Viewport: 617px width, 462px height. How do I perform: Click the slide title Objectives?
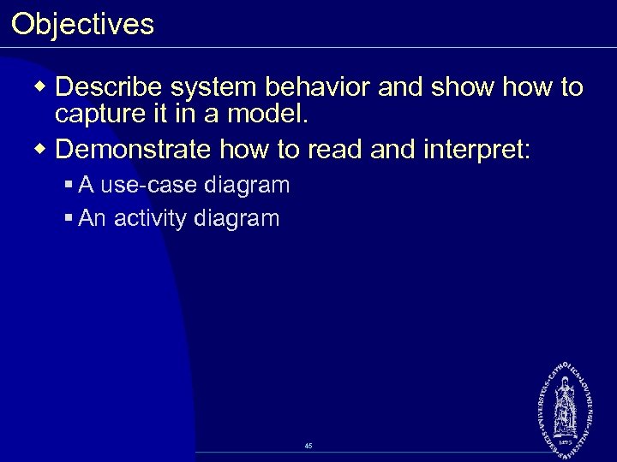(83, 24)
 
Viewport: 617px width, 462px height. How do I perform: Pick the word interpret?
(476, 151)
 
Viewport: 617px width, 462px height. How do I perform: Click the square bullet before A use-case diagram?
(69, 185)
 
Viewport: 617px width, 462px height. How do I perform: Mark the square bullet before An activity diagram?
(69, 219)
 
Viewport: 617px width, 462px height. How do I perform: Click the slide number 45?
(308, 446)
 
